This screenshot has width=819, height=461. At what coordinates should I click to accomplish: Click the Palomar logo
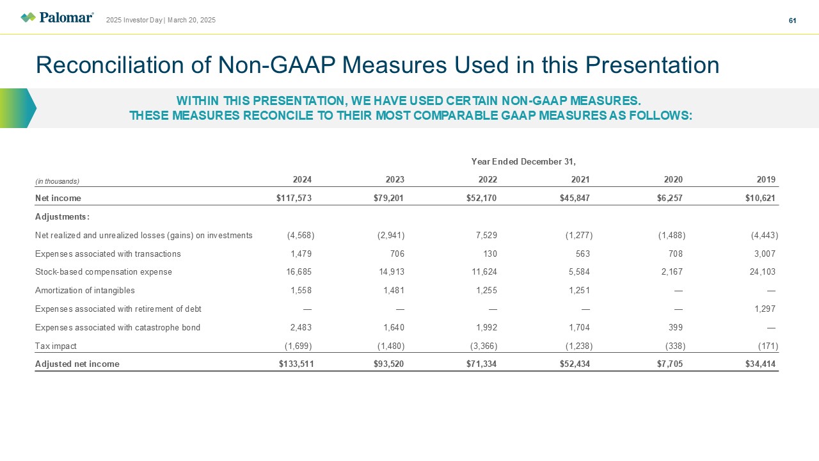57,17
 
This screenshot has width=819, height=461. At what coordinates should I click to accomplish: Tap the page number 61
792,20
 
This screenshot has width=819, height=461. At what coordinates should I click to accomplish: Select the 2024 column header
303,179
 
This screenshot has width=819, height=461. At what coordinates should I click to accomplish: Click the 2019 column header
766,179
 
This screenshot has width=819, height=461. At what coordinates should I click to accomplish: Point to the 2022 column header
488,179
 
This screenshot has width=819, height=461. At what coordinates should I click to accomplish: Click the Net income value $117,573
294,198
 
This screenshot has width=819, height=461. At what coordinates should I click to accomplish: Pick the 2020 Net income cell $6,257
669,198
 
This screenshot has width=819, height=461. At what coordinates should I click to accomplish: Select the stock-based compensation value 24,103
762,272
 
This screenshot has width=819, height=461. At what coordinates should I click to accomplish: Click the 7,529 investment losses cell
486,235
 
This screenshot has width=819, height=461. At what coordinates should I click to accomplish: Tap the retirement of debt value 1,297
765,309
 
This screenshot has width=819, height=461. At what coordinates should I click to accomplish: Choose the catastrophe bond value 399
675,327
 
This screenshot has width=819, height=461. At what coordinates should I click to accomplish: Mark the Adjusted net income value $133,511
296,364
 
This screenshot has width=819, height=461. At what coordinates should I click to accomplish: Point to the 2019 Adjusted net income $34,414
760,364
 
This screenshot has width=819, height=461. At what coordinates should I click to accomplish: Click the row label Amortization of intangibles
85,290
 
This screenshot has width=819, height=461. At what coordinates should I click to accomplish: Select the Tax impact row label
56,346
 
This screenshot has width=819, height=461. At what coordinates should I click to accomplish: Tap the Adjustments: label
62,216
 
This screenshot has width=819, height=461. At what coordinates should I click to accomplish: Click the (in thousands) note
57,181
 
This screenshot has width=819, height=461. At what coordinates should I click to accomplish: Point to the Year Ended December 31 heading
523,161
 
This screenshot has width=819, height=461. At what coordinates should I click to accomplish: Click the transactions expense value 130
490,254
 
